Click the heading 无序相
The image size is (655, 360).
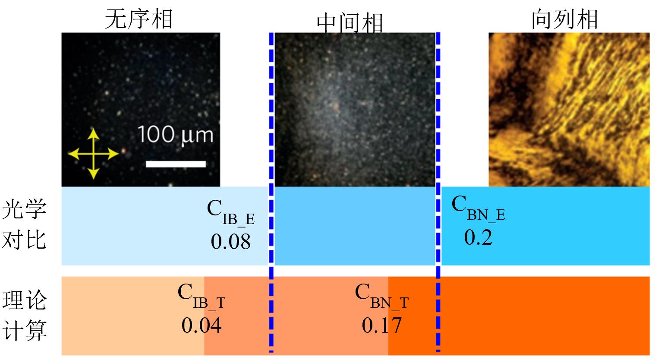pyautogui.click(x=139, y=19)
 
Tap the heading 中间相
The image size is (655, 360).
pyautogui.click(x=350, y=22)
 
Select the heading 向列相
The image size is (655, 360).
pyautogui.click(x=564, y=19)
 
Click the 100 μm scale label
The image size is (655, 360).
pyautogui.click(x=176, y=135)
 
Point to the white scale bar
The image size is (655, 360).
pyautogui.click(x=176, y=164)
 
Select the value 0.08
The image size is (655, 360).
pyautogui.click(x=230, y=241)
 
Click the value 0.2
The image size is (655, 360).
pyautogui.click(x=478, y=237)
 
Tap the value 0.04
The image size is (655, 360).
pyautogui.click(x=201, y=325)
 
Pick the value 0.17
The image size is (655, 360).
pyautogui.click(x=381, y=325)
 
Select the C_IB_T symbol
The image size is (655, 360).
pyautogui.click(x=201, y=296)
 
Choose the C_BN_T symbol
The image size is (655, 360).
pyautogui.click(x=381, y=296)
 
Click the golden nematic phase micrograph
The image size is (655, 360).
pyautogui.click(x=569, y=110)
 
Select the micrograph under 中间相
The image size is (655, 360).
pyautogui.click(x=355, y=110)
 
